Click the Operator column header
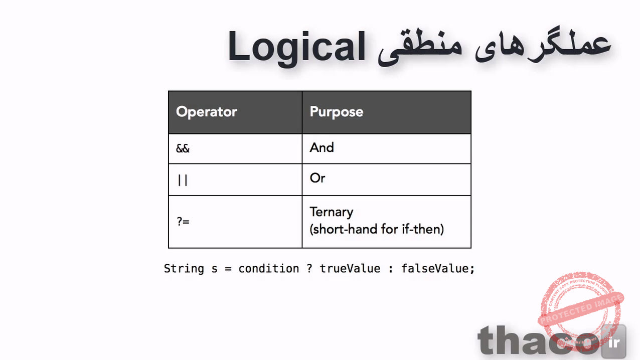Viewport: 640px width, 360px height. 206,111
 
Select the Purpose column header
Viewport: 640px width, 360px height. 336,111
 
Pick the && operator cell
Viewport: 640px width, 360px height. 183,149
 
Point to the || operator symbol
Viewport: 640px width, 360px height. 183,179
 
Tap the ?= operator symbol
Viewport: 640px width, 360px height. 183,221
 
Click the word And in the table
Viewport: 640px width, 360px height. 322,147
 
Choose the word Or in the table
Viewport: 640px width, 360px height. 317,178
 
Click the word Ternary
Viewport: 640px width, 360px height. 332,212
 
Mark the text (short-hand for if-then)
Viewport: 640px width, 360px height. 377,230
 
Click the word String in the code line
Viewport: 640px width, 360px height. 184,269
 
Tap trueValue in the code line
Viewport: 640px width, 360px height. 350,269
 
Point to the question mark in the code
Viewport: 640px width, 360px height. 309,269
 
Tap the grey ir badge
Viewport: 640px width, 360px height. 613,342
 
